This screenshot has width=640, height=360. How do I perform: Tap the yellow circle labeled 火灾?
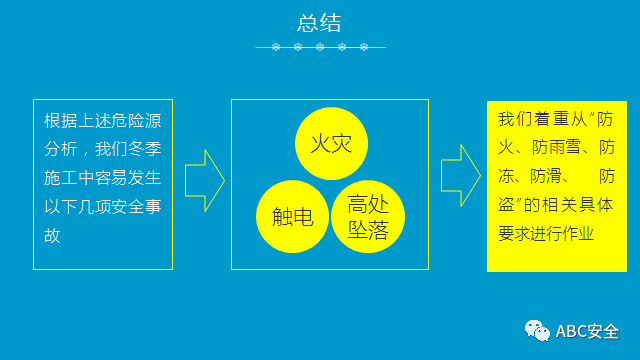(331, 143)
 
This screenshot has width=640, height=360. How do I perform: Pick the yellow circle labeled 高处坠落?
(368, 217)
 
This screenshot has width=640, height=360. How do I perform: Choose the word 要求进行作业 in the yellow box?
(546, 233)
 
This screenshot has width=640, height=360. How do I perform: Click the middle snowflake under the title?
(321, 47)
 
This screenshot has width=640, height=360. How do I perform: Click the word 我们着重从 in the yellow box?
(541, 119)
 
